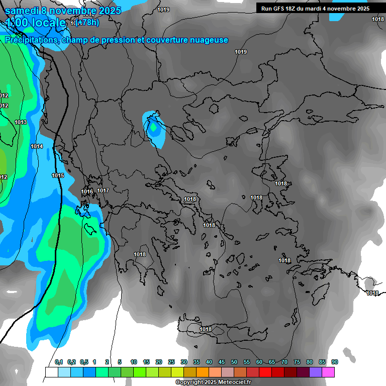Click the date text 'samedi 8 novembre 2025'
[63, 11]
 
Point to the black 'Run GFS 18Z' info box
[315, 8]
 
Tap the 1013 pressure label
[21, 122]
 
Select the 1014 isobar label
[37, 146]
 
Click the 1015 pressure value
[58, 175]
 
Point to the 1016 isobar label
[87, 191]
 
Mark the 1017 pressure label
[103, 190]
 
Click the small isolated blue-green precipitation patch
[155, 129]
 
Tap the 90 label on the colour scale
[335, 362]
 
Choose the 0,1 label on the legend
[59, 362]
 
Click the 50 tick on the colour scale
[234, 362]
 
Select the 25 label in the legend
[171, 362]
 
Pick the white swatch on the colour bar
[51, 372]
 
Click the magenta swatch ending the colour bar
[328, 372]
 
